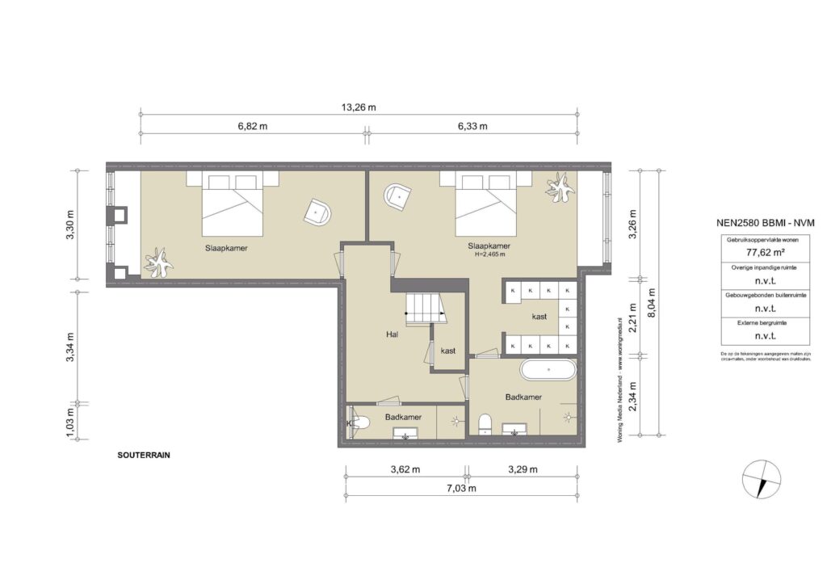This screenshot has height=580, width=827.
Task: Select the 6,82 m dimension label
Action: tap(252, 127)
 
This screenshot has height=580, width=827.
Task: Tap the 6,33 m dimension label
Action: tap(472, 127)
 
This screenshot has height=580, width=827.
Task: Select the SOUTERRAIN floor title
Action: tap(144, 455)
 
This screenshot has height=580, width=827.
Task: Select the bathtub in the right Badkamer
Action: tap(548, 371)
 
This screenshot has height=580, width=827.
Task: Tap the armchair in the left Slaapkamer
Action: tap(317, 212)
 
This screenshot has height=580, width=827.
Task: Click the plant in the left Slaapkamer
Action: tap(159, 263)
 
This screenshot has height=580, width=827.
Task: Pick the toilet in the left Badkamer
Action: tap(359, 421)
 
